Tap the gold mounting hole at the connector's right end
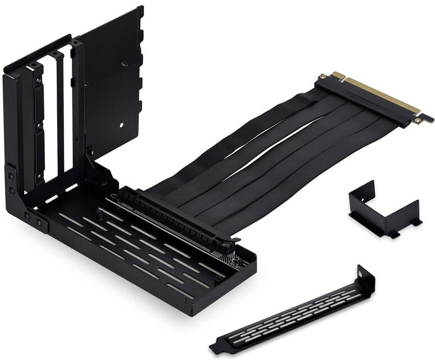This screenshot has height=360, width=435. point(418,119)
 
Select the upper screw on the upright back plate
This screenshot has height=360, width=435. point(125,64)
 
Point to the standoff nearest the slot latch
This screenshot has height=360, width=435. point(241,262)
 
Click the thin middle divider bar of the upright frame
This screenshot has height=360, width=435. point(60,112)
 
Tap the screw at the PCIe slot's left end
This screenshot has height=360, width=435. point(115,197)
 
